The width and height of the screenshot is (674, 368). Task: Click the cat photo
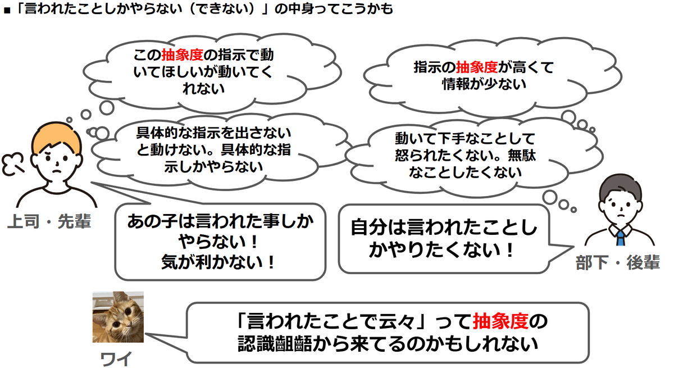click(118, 317)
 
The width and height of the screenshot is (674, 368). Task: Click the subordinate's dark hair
click(621, 185)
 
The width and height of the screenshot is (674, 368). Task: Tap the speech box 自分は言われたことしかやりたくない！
click(444, 238)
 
